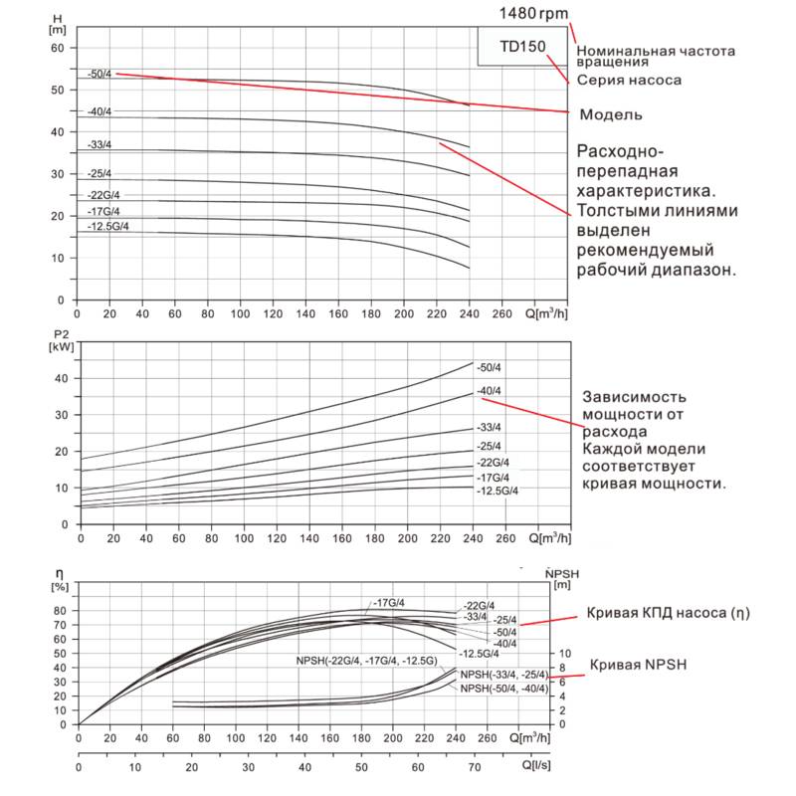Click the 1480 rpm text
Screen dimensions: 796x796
point(536,13)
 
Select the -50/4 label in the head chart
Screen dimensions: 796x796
point(100,74)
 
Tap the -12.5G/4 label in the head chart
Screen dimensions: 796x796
point(108,227)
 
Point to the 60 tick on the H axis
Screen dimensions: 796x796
point(58,48)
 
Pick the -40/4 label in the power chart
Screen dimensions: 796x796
point(490,390)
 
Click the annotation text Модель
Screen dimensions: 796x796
point(610,114)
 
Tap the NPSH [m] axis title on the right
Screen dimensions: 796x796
point(561,579)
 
